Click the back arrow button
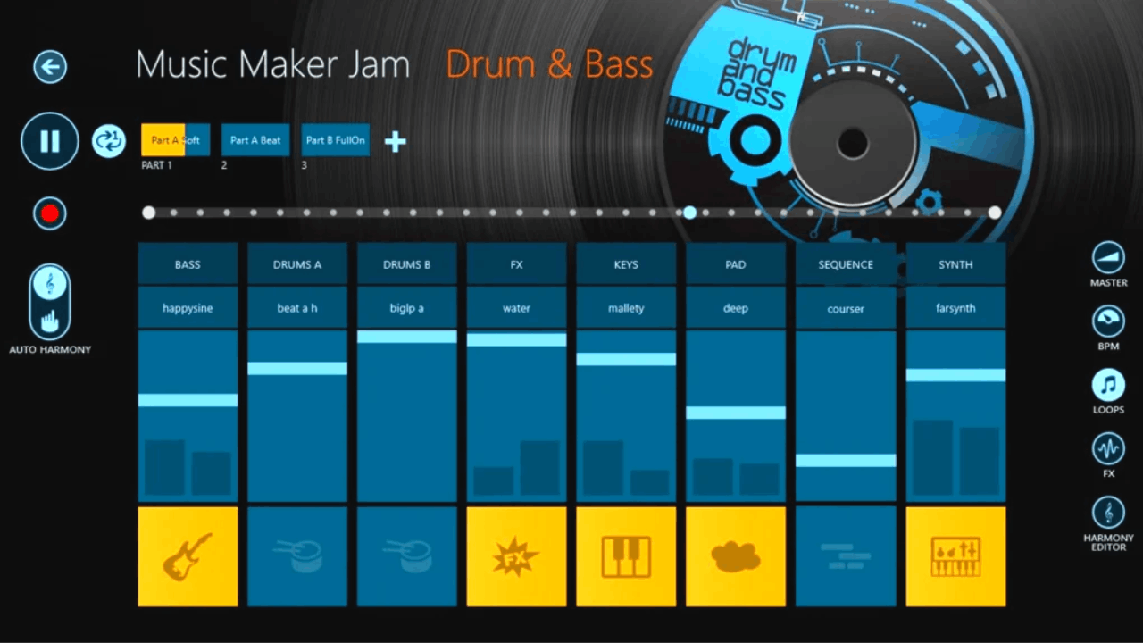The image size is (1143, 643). (x=50, y=67)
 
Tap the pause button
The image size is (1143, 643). (x=50, y=141)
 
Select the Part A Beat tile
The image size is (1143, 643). (x=255, y=140)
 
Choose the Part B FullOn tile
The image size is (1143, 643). (x=335, y=140)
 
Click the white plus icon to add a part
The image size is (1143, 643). (x=396, y=142)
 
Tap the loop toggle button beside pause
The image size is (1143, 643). (x=109, y=141)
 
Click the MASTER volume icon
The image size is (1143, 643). (x=1108, y=258)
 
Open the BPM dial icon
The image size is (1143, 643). (x=1108, y=321)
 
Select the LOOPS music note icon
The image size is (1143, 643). (x=1108, y=385)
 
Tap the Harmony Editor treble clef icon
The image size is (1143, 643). (x=1108, y=513)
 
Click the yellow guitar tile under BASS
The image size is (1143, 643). (x=188, y=556)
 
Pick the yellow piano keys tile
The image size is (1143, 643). (x=626, y=556)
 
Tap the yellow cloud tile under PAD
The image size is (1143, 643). (x=736, y=556)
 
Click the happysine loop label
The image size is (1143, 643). (x=188, y=308)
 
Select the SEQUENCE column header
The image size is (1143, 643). (x=846, y=264)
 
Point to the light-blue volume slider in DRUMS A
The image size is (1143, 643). (x=297, y=369)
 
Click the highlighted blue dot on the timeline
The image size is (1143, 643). (x=689, y=213)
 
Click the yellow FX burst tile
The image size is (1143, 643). (x=516, y=556)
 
